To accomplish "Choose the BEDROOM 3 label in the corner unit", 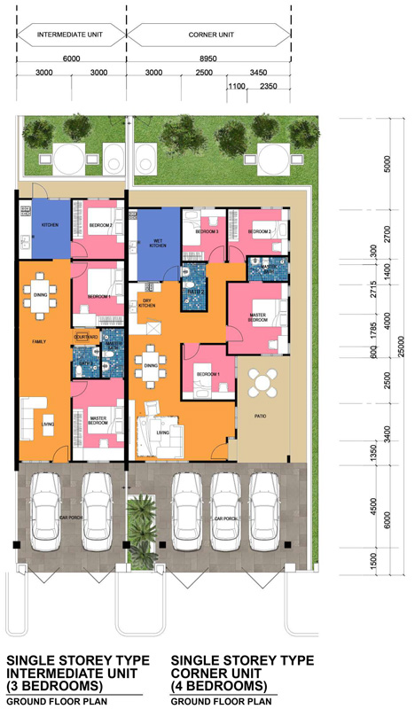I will (x=207, y=231).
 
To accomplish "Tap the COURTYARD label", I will (x=85, y=336).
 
